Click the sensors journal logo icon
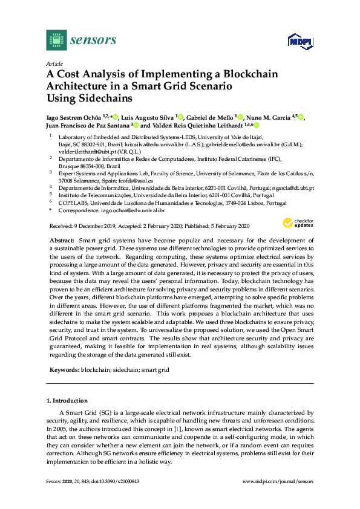pyautogui.click(x=56, y=40)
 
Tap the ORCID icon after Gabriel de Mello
pyautogui.click(x=240, y=117)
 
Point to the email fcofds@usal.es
pyautogui.click(x=137, y=181)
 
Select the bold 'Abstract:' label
pyautogui.click(x=62, y=241)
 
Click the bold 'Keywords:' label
pyautogui.click(x=64, y=369)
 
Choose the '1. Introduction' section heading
pyautogui.click(x=67, y=401)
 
